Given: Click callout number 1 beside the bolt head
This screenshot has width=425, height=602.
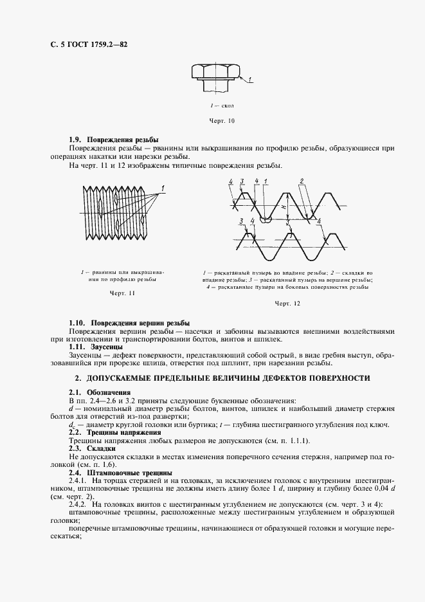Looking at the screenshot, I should pos(250,79).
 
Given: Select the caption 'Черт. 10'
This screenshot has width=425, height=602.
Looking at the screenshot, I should pos(222,120).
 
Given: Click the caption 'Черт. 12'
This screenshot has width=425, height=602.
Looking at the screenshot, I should pos(287,303).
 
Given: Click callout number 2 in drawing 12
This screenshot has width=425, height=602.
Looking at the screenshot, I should pos(301,181).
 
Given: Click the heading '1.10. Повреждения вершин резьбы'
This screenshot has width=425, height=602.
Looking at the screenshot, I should pos(129,322).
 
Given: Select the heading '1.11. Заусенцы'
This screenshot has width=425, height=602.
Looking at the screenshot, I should pos(96,347).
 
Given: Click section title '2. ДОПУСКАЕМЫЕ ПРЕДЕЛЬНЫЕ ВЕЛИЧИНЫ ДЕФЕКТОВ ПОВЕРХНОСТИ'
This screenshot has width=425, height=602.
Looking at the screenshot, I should pos(222,378).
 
